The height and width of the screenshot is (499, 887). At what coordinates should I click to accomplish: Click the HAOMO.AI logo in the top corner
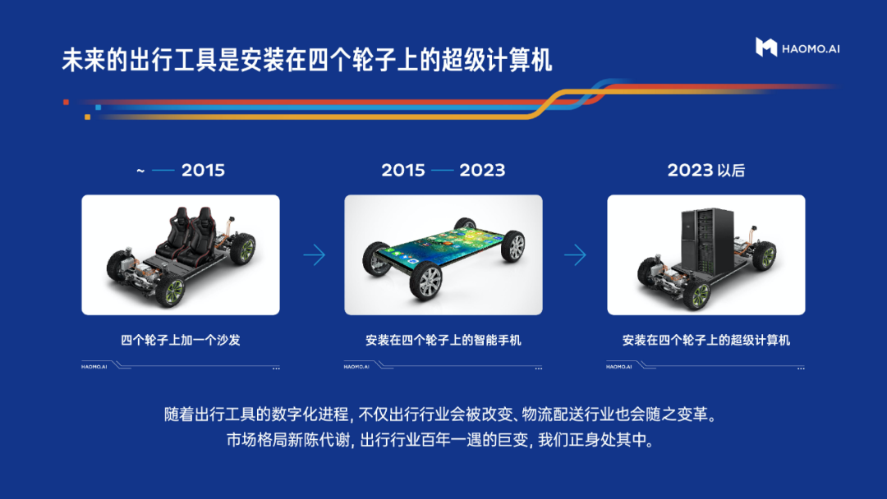point(797,48)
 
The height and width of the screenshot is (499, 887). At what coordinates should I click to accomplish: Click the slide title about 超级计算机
point(306,61)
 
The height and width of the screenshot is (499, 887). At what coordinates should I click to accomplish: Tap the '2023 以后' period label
point(706,170)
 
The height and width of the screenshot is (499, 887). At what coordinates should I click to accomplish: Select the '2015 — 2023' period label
point(443,170)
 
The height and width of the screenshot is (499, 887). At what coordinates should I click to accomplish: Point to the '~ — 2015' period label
point(181,170)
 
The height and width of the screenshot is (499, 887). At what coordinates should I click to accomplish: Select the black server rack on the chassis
point(707,240)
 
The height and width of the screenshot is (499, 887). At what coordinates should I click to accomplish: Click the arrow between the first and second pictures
point(315,255)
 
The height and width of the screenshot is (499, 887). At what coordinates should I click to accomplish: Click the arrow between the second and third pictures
point(575,255)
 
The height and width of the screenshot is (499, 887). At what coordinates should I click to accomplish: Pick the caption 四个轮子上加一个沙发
point(181,341)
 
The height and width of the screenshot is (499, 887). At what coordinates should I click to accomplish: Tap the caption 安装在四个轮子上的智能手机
point(443,341)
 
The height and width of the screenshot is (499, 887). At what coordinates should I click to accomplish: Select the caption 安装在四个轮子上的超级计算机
point(706,341)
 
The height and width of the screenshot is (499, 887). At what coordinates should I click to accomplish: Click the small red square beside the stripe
point(67,103)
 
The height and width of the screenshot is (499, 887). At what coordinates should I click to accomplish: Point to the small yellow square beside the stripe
point(87,117)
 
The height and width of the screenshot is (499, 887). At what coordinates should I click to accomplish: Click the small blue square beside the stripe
point(99,108)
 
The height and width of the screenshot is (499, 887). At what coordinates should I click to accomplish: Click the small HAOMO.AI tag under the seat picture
point(94,367)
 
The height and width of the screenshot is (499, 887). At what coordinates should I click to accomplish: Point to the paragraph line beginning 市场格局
point(441,440)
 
